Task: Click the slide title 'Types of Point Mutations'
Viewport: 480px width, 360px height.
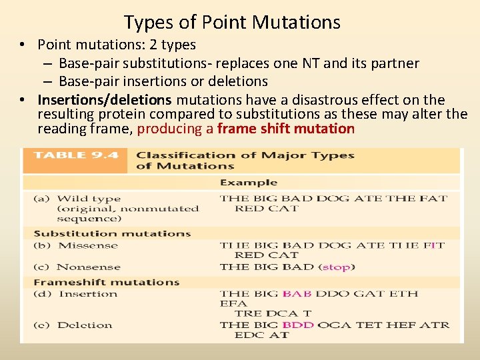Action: point(232,23)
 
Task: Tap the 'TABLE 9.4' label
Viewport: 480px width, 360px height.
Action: point(76,155)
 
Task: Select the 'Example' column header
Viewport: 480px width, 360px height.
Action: point(249,183)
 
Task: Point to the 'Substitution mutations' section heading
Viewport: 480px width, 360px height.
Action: point(112,233)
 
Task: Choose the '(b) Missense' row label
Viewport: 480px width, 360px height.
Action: point(79,245)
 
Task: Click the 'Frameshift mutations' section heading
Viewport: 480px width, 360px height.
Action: point(107,282)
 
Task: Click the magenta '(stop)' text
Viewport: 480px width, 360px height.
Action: point(338,267)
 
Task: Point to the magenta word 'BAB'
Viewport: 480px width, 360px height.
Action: point(297,294)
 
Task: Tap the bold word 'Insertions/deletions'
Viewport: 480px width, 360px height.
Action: point(105,100)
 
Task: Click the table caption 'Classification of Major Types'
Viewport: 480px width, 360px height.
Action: point(245,155)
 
